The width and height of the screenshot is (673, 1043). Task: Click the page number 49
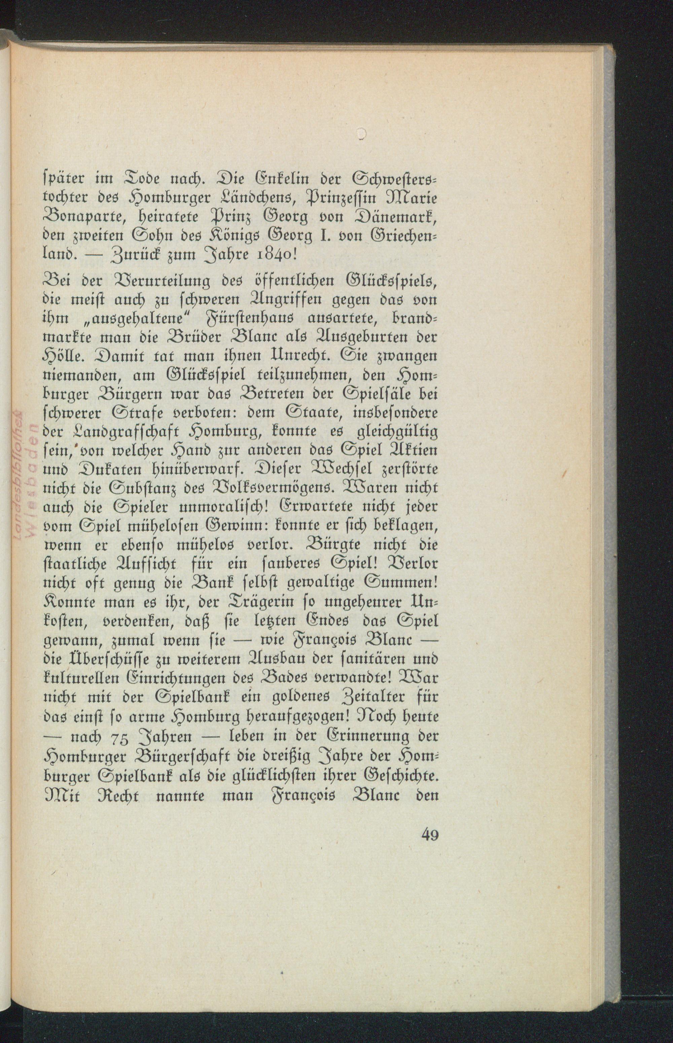click(430, 835)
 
